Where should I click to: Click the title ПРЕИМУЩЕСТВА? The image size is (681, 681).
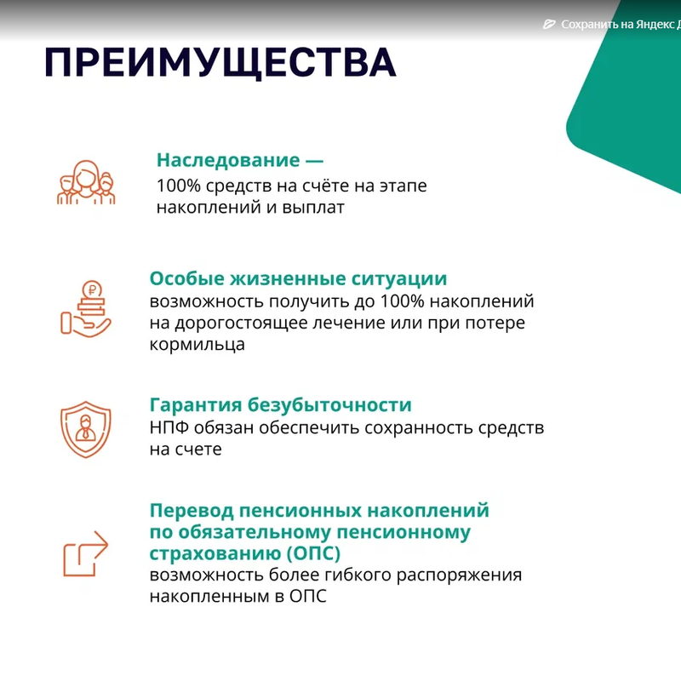point(220,63)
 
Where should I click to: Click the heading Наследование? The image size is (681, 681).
point(228,160)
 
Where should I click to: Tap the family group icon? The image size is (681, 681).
point(86,182)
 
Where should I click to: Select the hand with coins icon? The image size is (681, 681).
point(86,309)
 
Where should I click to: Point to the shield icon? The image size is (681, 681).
point(86,429)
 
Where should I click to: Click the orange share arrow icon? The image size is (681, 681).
point(86,553)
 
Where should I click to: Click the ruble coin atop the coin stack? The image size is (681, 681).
point(92,289)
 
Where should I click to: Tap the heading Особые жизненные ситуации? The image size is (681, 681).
point(298,278)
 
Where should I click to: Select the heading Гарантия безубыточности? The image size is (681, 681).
point(281,405)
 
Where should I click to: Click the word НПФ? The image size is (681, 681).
point(169,428)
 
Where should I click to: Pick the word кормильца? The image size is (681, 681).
point(197,345)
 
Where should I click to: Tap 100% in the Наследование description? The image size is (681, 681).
point(179,186)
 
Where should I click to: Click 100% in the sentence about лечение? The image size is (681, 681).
point(402,301)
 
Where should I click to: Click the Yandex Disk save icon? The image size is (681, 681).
point(549,25)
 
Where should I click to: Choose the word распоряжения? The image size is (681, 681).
point(459,575)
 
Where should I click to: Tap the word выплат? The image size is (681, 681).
point(313,208)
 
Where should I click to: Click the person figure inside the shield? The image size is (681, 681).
point(86,428)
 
